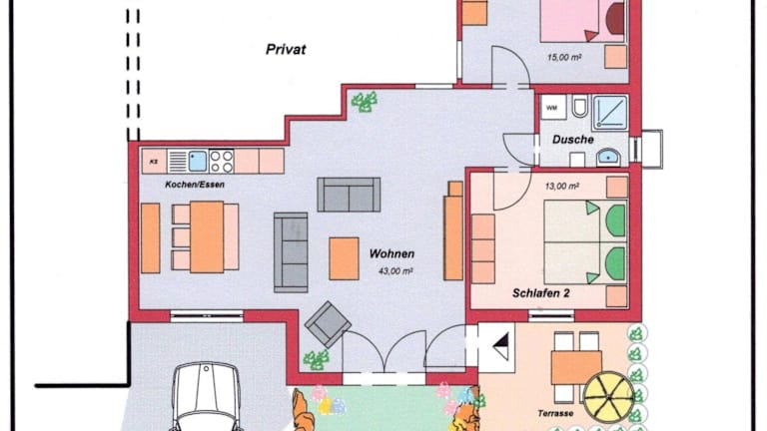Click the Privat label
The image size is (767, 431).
[286, 49]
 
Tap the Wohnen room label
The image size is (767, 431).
[391, 253]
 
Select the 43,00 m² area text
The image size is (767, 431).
[395, 270]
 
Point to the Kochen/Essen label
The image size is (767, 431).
[195, 185]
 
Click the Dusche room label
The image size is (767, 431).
[573, 140]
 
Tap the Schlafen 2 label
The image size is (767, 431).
[540, 293]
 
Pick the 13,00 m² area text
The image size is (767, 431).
[562, 187]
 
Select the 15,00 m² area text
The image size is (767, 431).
[564, 58]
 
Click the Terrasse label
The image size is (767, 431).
[555, 413]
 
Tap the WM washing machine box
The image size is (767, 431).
[553, 108]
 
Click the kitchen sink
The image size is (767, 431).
[198, 162]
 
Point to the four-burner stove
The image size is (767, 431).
[221, 162]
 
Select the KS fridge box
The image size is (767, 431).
[154, 162]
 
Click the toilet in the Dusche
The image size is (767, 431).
[579, 107]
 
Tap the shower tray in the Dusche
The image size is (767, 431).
[610, 113]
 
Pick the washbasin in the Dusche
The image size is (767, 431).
[608, 158]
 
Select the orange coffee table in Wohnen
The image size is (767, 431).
[344, 258]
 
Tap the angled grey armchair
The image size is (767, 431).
[328, 324]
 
